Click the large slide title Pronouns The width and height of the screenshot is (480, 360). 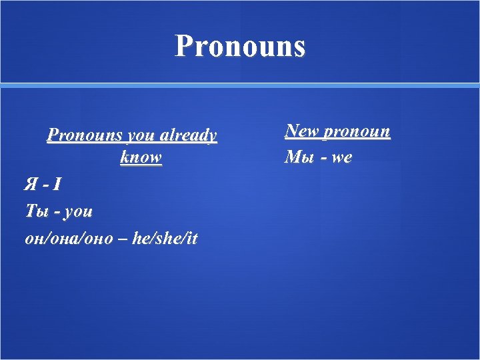pos(240,46)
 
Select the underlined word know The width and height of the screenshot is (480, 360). pos(141,158)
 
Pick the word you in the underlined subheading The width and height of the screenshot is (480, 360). pos(141,135)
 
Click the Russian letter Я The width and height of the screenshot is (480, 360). pos(31,184)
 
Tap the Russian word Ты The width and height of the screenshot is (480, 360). pos(36,211)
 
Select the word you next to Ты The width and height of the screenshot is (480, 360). pos(79,212)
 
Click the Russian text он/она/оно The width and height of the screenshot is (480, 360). pos(69,239)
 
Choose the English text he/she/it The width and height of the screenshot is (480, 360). pos(165,239)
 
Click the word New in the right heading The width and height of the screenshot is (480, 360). pos(301,131)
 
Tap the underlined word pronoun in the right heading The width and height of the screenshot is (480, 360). pos(357,131)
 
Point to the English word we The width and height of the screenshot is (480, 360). pos(341,158)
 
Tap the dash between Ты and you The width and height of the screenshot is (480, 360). pos(57,213)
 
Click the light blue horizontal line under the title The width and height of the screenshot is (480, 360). pos(240,85)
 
